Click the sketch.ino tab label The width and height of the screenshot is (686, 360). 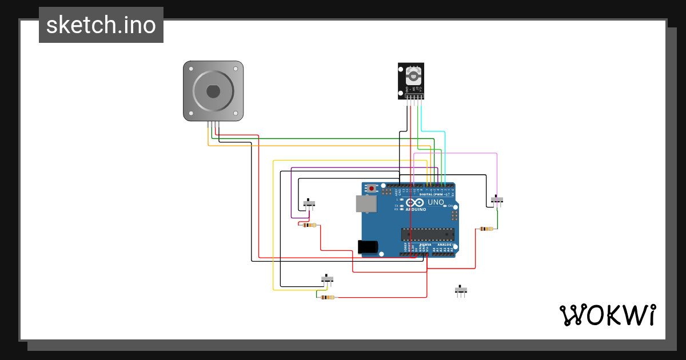[x=101, y=25]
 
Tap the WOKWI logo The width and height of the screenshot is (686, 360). [x=607, y=315]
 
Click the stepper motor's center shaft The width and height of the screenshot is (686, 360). [x=213, y=91]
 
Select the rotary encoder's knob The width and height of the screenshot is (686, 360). [x=413, y=75]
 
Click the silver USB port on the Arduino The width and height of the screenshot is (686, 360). [x=366, y=203]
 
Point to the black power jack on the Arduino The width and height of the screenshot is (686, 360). [x=368, y=246]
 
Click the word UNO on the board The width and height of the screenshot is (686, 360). [x=436, y=202]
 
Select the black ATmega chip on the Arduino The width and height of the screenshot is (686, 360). [x=428, y=233]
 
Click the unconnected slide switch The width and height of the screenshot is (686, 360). [x=461, y=290]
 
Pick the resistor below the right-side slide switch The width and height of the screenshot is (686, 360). [x=486, y=229]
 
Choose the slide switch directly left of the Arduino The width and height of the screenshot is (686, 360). [x=309, y=203]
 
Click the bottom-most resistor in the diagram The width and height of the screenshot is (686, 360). [x=327, y=297]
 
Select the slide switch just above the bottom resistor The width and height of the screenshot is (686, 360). [x=327, y=279]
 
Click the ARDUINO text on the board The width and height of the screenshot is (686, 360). [x=417, y=209]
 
